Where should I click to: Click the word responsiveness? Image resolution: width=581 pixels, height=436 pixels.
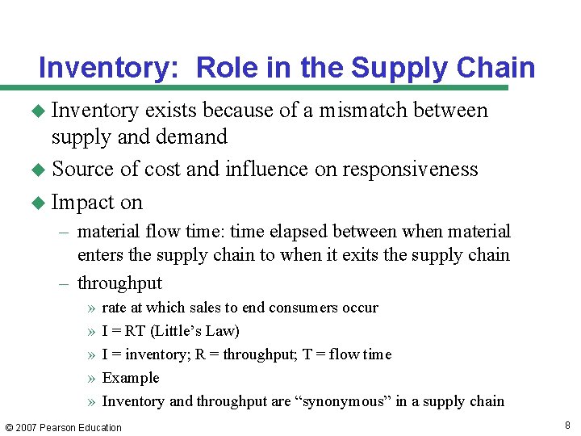click(x=410, y=170)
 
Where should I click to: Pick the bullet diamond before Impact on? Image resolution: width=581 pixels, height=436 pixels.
click(x=40, y=203)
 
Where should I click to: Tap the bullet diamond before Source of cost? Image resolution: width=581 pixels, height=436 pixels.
click(x=40, y=170)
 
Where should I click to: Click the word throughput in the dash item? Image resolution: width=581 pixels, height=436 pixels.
click(x=119, y=283)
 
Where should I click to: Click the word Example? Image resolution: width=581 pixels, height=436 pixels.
click(x=131, y=378)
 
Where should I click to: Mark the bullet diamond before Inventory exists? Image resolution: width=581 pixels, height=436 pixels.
click(x=40, y=110)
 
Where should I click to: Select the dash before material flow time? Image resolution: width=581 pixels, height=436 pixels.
click(x=65, y=233)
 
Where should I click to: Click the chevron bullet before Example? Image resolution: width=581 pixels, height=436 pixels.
click(x=91, y=378)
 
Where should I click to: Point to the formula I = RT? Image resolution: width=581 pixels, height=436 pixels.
click(x=124, y=331)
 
